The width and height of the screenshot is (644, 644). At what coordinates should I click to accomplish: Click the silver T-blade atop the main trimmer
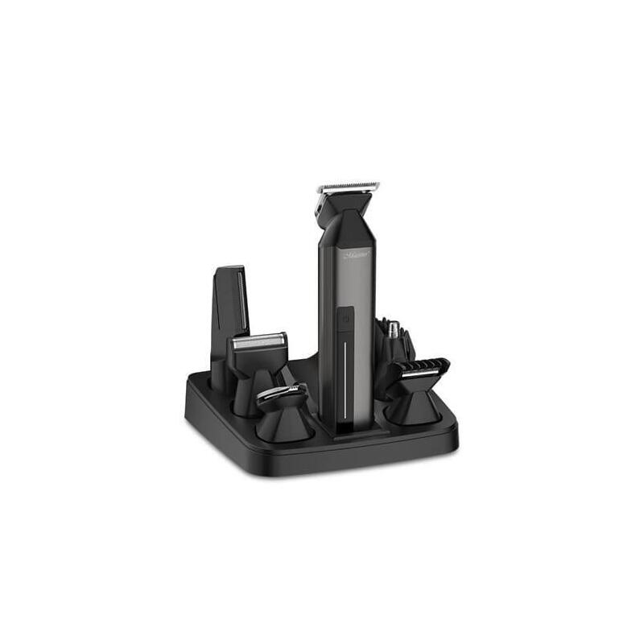pos(349,188)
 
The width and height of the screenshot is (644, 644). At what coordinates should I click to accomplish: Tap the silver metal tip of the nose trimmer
pos(394,327)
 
